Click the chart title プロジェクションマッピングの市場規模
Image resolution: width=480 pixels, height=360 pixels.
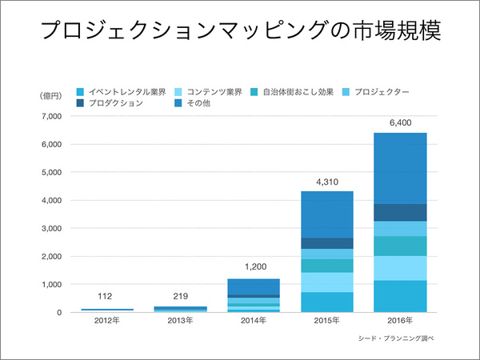point(240,33)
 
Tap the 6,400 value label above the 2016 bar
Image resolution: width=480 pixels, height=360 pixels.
point(400,122)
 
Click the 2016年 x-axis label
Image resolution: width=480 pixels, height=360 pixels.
point(400,323)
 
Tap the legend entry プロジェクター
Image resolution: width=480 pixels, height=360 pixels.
point(381,91)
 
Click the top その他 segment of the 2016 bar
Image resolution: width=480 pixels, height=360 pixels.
point(400,168)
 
